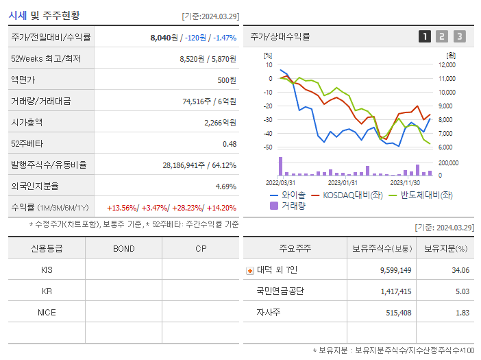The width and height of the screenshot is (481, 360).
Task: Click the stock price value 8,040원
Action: [x=164, y=38]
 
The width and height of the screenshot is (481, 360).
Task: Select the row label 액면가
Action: [x=27, y=80]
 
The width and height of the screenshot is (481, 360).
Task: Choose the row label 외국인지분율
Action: [x=35, y=187]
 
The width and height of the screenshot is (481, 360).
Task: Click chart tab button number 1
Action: [x=425, y=37]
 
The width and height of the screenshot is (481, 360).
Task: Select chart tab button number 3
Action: [x=459, y=37]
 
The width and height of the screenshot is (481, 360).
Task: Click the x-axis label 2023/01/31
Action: [x=343, y=182]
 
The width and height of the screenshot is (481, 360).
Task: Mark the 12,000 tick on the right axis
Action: [x=446, y=65]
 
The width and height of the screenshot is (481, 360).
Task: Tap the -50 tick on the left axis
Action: [x=269, y=147]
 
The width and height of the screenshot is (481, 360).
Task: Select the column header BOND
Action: [x=124, y=248]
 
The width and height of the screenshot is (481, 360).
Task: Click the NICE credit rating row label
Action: [x=47, y=312]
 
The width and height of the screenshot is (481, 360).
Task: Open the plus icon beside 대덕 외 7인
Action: [x=249, y=270]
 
